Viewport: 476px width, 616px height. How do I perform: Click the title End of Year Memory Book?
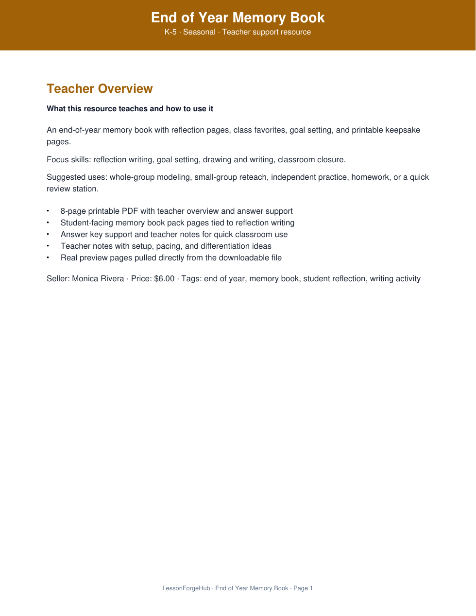click(238, 17)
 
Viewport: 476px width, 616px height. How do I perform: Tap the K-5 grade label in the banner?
click(170, 32)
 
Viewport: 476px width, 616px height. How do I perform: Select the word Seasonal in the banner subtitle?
click(199, 32)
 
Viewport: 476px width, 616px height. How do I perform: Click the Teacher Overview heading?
click(100, 88)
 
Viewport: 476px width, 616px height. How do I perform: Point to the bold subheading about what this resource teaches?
click(130, 109)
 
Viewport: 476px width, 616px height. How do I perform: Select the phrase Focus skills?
click(68, 160)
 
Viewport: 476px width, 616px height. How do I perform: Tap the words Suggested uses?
click(77, 177)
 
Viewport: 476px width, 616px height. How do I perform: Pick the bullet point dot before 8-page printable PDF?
click(48, 211)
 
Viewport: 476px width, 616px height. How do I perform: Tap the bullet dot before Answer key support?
click(48, 235)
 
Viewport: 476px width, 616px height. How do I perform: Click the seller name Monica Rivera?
click(98, 279)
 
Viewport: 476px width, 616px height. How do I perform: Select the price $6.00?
click(164, 279)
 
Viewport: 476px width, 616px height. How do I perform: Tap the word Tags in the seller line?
click(190, 279)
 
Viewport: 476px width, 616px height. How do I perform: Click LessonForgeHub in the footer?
click(186, 588)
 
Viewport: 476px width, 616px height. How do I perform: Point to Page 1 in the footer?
click(303, 588)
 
